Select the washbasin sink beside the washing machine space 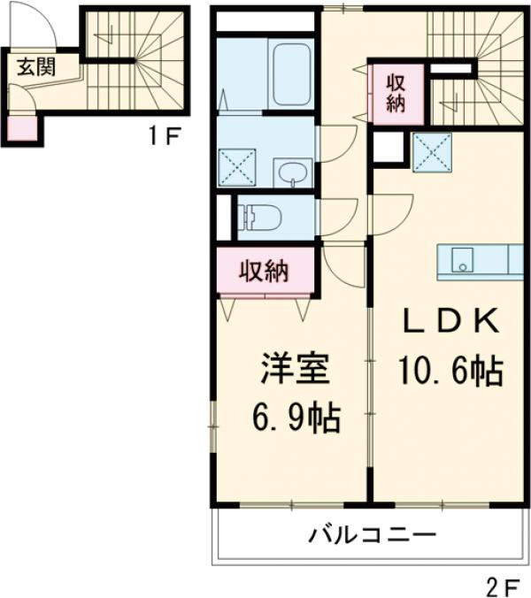click(x=292, y=173)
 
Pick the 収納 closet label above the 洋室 click(x=265, y=271)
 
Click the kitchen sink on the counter click(x=461, y=261)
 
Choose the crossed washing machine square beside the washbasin click(x=237, y=166)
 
